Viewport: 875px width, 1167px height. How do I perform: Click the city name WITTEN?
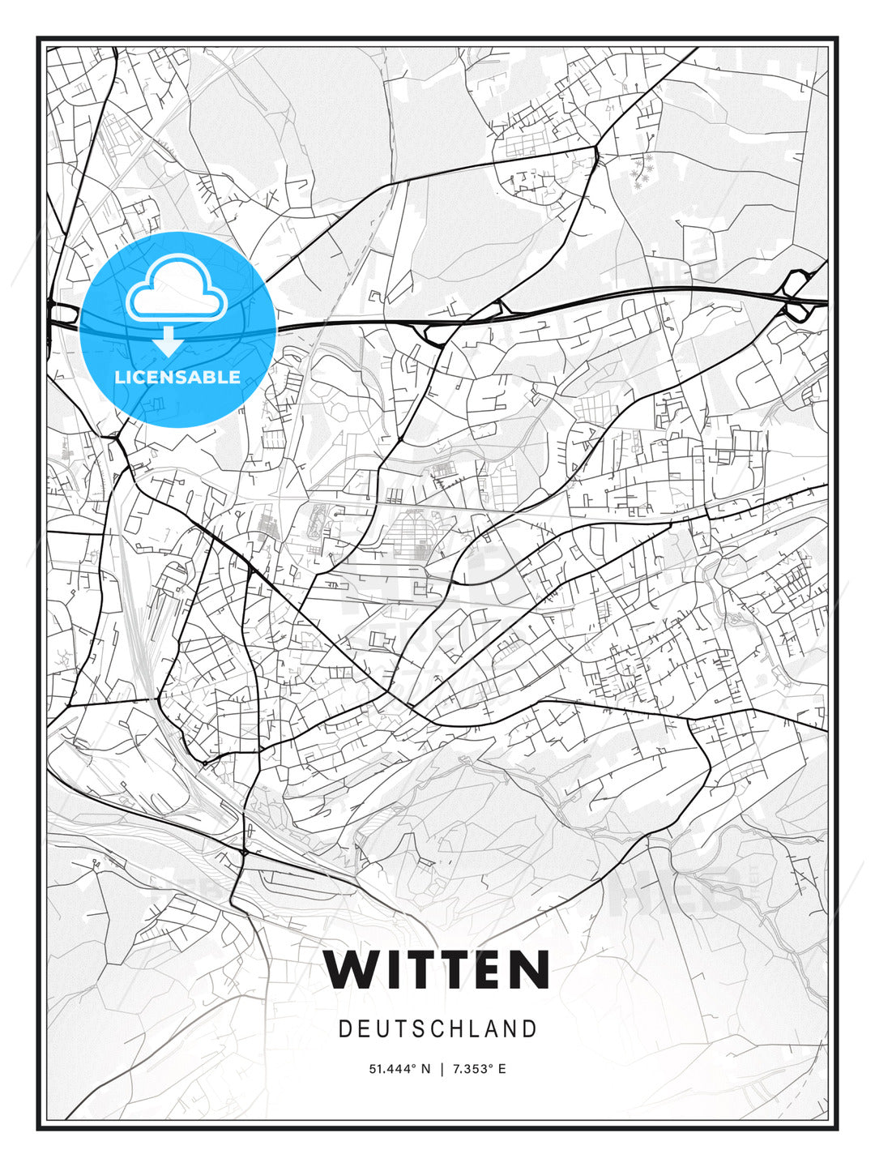[437, 969]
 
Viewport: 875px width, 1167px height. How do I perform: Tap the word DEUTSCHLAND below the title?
[437, 1029]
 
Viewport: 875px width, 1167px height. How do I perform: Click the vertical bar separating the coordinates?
[442, 1069]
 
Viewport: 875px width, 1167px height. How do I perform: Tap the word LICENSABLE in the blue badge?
[177, 377]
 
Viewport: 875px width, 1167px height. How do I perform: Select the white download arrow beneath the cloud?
[169, 341]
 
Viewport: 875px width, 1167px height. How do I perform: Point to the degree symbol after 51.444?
[415, 1066]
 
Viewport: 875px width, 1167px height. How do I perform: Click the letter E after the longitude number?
[502, 1069]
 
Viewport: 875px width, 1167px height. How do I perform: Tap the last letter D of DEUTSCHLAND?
[531, 1029]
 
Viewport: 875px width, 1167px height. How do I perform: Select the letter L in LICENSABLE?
[120, 377]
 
